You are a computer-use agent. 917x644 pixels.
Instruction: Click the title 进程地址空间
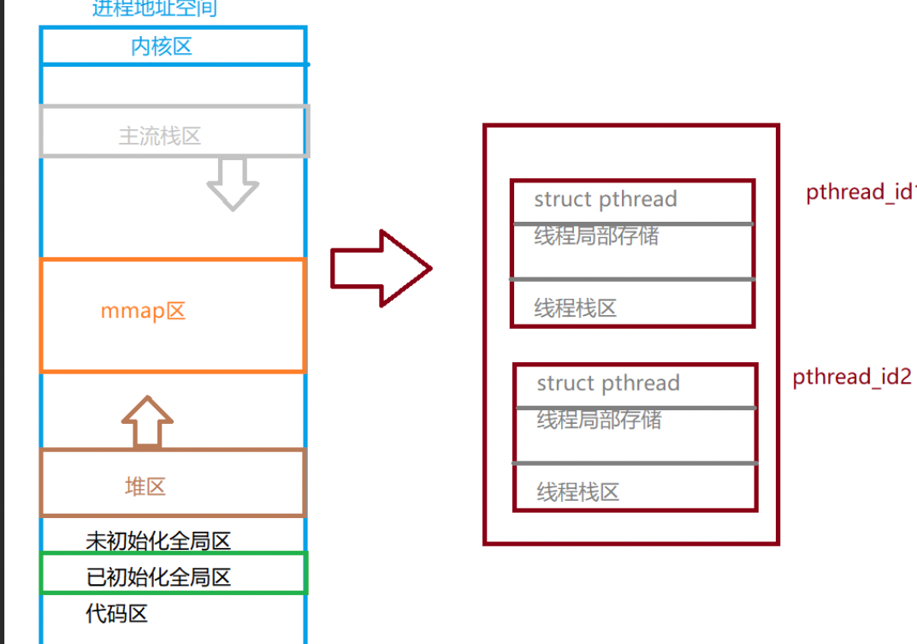pyautogui.click(x=154, y=9)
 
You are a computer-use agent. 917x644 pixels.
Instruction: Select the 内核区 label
pyautogui.click(x=162, y=46)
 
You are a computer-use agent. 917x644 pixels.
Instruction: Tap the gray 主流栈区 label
pyautogui.click(x=160, y=135)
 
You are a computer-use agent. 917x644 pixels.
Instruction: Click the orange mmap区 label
pyautogui.click(x=143, y=311)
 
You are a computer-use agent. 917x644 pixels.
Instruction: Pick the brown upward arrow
pyautogui.click(x=147, y=421)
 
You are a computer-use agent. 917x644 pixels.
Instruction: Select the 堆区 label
pyautogui.click(x=145, y=487)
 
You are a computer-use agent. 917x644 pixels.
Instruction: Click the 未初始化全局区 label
pyautogui.click(x=158, y=541)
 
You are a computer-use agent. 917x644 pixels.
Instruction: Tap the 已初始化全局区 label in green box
pyautogui.click(x=158, y=577)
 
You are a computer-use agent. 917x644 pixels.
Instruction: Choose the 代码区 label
pyautogui.click(x=116, y=613)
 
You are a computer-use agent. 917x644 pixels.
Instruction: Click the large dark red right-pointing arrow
pyautogui.click(x=381, y=268)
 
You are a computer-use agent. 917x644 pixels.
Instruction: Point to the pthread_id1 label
pyautogui.click(x=861, y=192)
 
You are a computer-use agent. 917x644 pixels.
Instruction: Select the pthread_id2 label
pyautogui.click(x=852, y=377)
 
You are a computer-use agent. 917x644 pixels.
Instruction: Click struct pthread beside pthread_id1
pyautogui.click(x=605, y=200)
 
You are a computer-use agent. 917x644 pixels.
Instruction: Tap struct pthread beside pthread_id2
pyautogui.click(x=607, y=384)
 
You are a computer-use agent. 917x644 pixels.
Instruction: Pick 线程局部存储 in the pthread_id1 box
pyautogui.click(x=596, y=236)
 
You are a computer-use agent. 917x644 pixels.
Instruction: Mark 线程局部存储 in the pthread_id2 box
pyautogui.click(x=599, y=420)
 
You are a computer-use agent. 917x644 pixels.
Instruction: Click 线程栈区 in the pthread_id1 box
pyautogui.click(x=575, y=308)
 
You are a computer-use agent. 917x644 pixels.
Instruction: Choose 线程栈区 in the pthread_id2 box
pyautogui.click(x=577, y=492)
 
